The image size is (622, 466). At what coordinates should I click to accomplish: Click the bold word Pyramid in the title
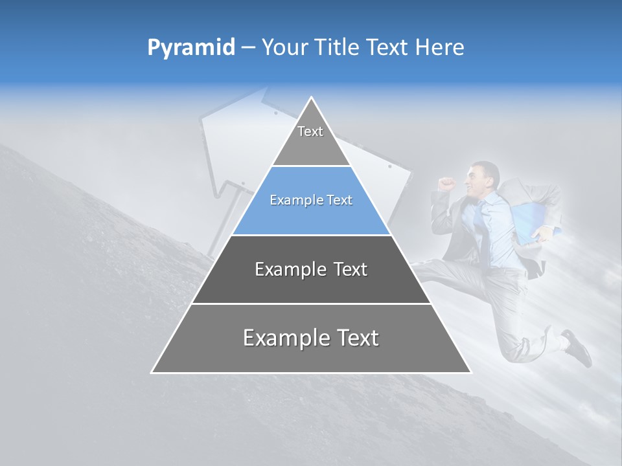point(191,48)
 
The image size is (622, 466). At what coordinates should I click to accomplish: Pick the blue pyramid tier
point(311,201)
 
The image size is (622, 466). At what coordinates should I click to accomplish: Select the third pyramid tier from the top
point(311,269)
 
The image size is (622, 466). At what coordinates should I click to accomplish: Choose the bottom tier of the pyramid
point(311,338)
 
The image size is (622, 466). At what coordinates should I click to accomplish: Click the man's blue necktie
point(479,217)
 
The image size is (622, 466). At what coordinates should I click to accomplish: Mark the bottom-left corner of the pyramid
point(152,372)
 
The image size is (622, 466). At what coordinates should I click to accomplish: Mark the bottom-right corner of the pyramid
point(470,372)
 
